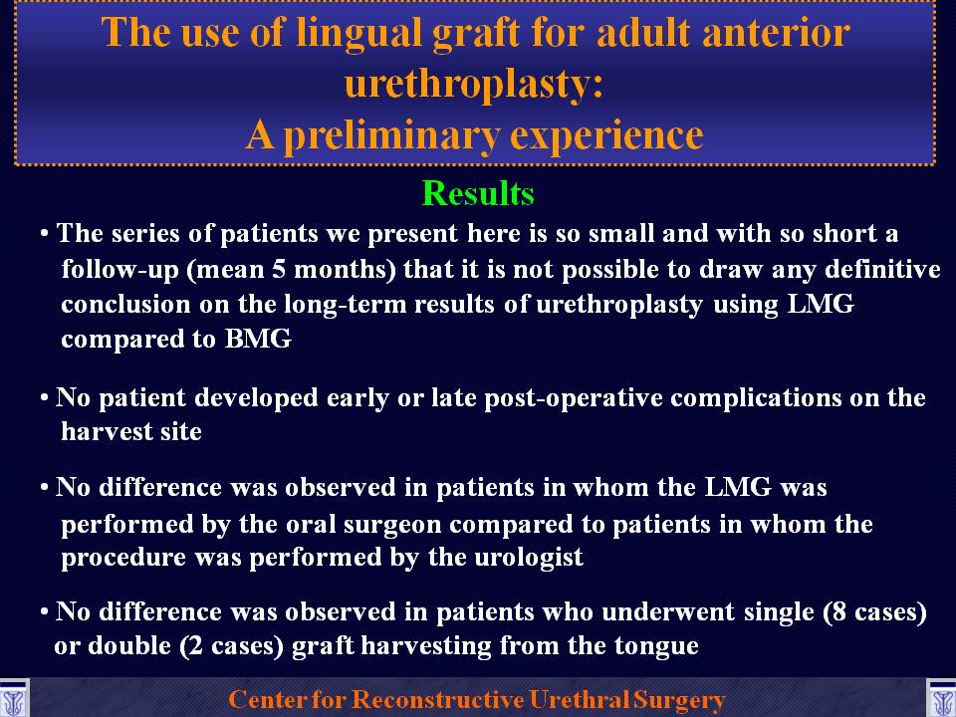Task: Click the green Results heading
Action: pos(478,194)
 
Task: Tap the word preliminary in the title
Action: pos(391,134)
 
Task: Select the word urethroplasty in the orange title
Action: pos(474,84)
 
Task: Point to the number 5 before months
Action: pos(279,270)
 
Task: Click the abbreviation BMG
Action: pos(259,339)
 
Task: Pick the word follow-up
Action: pos(120,270)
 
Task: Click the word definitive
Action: pos(882,269)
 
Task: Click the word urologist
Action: pos(529,558)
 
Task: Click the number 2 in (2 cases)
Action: pos(196,646)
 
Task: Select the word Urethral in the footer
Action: pos(578,699)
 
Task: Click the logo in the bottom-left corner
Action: pos(13,699)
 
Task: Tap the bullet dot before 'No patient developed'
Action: pos(44,398)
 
